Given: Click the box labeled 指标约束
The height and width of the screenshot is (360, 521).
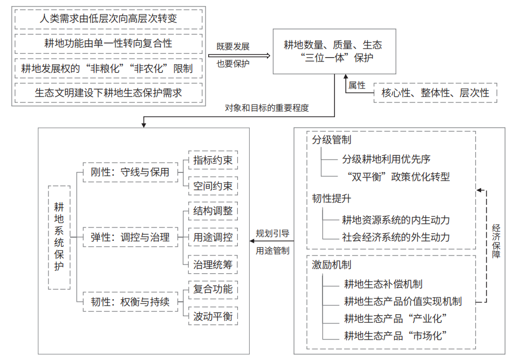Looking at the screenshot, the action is [213, 160].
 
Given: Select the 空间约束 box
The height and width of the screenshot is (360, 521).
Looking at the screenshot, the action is [213, 186].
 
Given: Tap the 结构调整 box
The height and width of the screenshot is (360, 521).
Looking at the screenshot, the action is [213, 211].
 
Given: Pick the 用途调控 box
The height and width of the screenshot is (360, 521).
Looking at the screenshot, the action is [213, 237].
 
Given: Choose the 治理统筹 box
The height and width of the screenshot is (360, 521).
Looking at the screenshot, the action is [213, 265].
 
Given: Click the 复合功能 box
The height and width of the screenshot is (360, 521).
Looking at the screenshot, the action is [213, 289].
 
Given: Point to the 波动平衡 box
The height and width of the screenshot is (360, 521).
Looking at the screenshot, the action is [213, 316].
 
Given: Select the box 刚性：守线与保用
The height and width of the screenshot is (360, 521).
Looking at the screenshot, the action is [131, 172].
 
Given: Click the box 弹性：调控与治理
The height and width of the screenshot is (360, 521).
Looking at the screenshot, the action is [131, 237].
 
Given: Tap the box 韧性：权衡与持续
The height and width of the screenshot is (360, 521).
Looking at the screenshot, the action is [131, 302].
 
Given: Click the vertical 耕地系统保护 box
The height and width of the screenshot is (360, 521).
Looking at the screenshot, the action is [59, 238].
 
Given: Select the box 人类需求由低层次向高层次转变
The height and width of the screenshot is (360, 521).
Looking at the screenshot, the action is [108, 19].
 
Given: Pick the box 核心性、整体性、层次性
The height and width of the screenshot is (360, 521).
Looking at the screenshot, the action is [435, 93].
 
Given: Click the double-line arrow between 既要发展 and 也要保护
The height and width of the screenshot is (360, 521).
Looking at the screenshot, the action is [239, 56].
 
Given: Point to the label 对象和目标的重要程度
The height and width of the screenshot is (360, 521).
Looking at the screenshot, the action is [267, 108].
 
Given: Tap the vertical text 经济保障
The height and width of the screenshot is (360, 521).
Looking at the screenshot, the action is [496, 241].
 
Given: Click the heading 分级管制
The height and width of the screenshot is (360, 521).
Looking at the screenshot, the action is [332, 140].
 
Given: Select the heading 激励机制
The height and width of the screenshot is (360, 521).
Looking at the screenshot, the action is [332, 265].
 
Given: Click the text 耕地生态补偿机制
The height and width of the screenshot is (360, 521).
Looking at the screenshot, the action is [383, 284].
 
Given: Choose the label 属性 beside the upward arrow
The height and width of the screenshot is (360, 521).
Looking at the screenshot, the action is [357, 85].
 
